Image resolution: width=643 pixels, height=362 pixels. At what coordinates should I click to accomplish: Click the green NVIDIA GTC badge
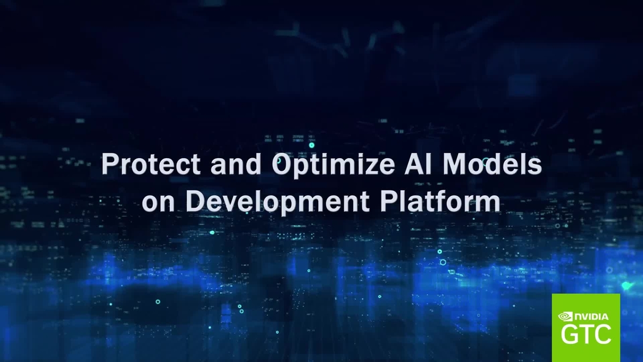pos(586,327)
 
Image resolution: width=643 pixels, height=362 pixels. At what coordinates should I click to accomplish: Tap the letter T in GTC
pos(587,334)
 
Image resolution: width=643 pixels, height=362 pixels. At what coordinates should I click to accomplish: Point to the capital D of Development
pos(199,202)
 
